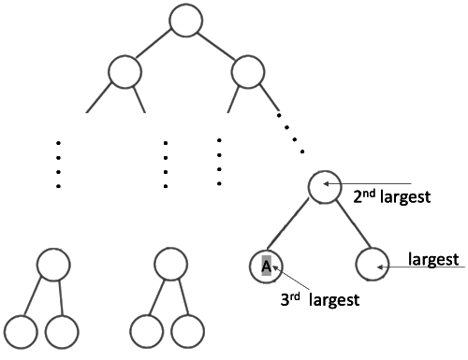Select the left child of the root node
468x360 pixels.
124,71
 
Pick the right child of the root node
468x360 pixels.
248,71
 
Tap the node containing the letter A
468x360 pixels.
266,266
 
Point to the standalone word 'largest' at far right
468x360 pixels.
432,257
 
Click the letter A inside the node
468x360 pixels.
266,266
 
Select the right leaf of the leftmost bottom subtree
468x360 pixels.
62,331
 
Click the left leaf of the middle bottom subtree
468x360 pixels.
146,331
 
